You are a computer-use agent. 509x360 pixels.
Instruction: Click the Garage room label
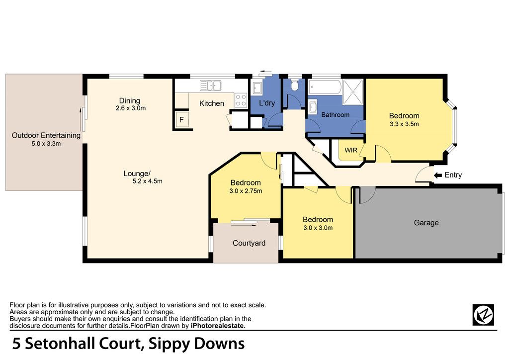click(426, 223)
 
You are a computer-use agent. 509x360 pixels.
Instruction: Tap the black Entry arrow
click(438, 176)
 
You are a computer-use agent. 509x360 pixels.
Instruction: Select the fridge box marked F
click(182, 120)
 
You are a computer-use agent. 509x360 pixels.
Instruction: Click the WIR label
click(351, 150)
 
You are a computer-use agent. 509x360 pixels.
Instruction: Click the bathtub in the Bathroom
click(325, 87)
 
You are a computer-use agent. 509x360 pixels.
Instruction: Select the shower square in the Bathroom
click(353, 92)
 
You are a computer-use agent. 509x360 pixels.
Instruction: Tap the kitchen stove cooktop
click(241, 99)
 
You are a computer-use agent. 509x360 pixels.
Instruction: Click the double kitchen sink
click(210, 86)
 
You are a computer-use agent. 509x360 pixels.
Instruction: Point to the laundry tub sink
click(257, 88)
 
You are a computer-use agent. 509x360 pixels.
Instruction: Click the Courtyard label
click(249, 243)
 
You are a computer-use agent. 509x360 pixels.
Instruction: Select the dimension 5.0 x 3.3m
click(46, 144)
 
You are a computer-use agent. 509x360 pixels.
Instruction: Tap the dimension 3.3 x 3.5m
click(404, 124)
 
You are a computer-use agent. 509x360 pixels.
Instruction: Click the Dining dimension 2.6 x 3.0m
click(131, 108)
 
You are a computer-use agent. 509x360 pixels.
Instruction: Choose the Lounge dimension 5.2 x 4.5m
click(147, 181)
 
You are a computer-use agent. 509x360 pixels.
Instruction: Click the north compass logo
click(483, 315)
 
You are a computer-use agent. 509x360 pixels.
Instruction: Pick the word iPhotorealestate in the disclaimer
click(218, 326)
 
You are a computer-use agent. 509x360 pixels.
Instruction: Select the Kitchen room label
click(212, 103)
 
